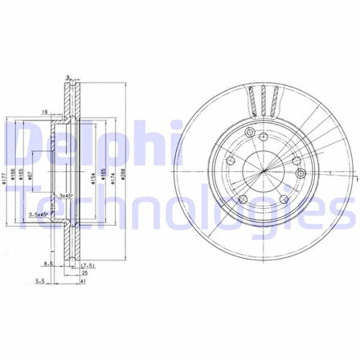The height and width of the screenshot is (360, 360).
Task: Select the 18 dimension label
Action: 46,112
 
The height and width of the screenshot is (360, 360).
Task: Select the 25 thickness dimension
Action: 84,273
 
